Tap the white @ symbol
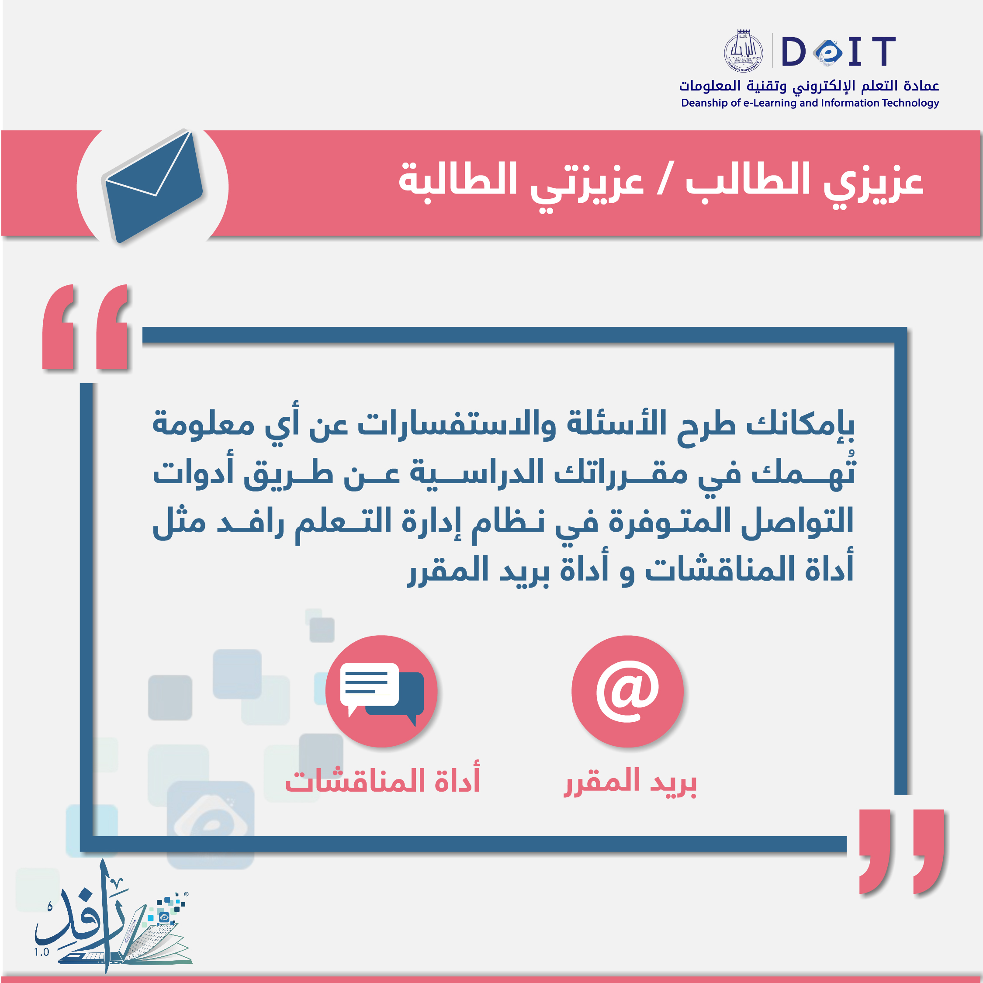(x=627, y=691)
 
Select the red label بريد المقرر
(x=630, y=782)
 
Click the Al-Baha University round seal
(x=743, y=51)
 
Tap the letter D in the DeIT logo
(x=793, y=52)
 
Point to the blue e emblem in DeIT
(x=828, y=52)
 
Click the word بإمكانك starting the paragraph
(x=800, y=424)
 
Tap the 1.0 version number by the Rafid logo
(x=42, y=952)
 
